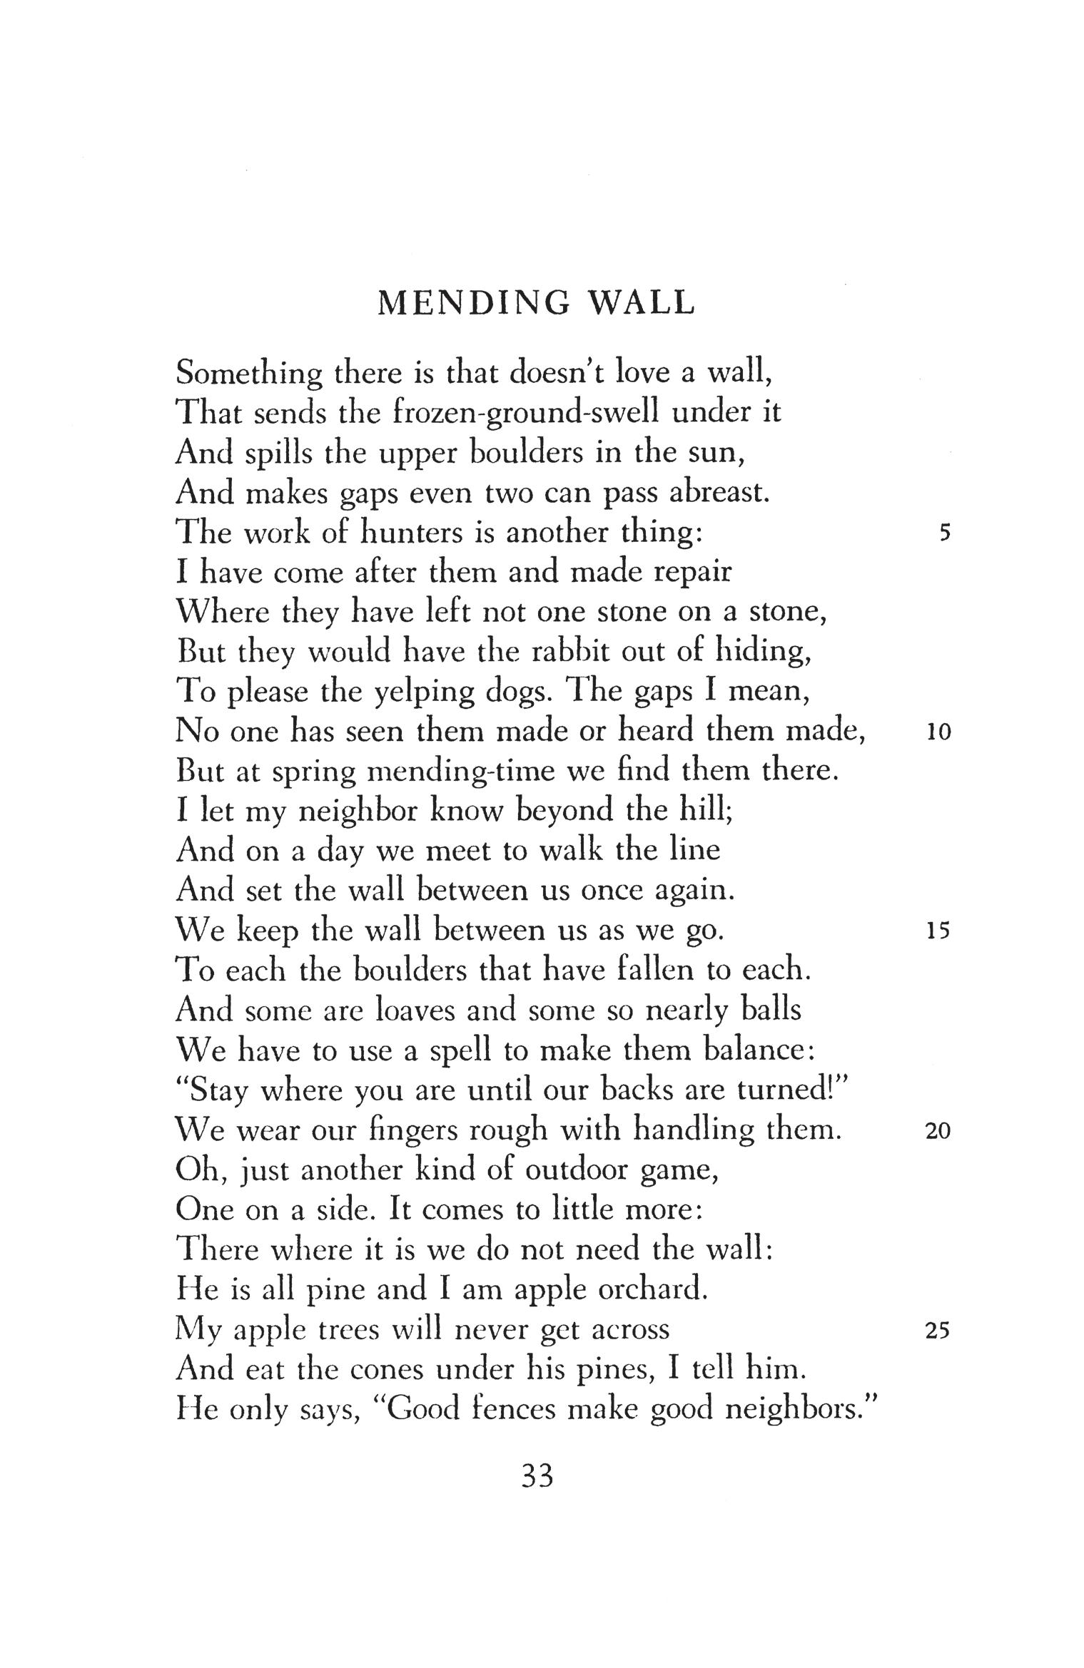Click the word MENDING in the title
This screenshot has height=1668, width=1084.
[x=474, y=304]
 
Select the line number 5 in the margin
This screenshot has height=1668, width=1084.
[x=946, y=533]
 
